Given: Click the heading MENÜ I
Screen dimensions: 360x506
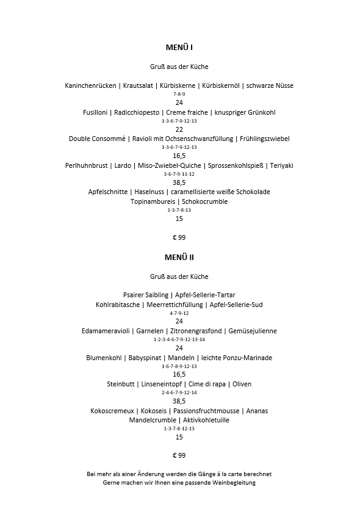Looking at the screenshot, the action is [179, 47].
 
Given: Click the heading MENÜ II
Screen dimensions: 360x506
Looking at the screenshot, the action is [179, 258].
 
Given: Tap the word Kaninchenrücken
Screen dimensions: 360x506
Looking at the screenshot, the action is [90, 85].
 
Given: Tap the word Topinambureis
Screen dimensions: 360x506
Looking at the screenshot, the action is [153, 201].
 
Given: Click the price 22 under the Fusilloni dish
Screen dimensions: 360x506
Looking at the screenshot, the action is [179, 129].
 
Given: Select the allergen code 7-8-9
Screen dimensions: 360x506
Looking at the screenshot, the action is [179, 94].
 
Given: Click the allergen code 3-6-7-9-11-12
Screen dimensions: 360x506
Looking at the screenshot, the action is [179, 174].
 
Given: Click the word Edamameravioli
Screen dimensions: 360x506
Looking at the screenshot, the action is [106, 331].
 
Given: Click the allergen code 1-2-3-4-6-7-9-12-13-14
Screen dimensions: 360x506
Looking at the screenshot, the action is [179, 339].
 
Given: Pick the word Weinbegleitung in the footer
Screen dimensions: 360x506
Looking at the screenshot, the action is [232, 483].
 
